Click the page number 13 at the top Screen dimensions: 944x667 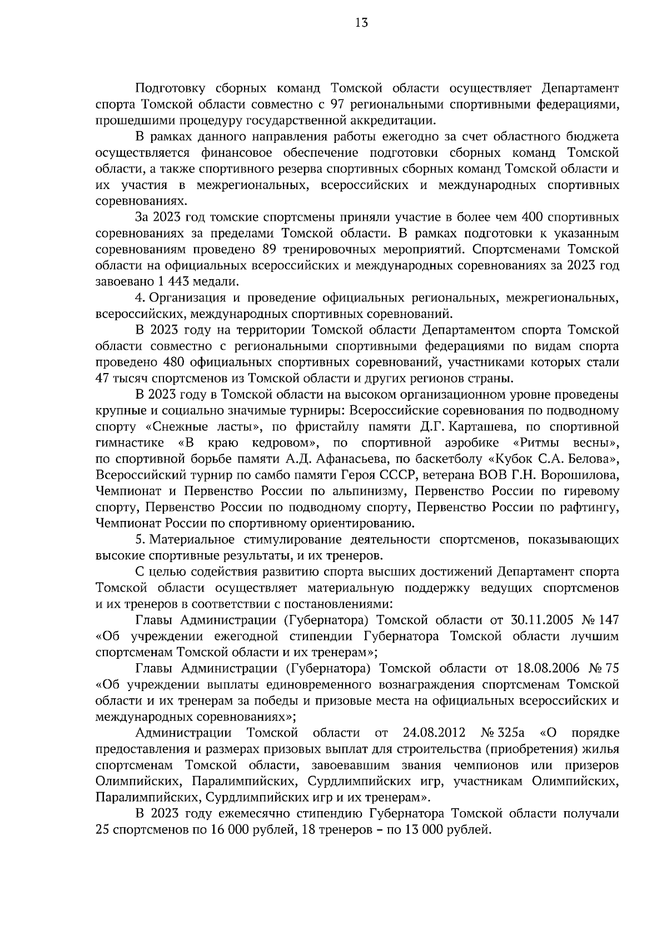361,23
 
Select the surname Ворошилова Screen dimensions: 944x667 581,475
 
